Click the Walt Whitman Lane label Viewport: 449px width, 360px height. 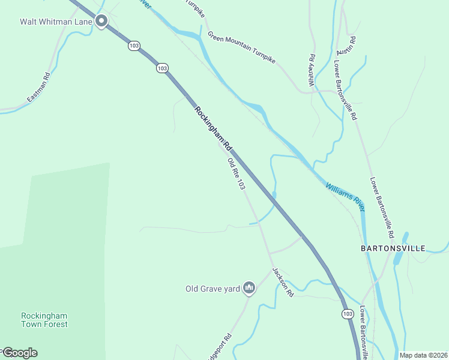click(x=56, y=22)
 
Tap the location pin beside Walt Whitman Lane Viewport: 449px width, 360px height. click(x=101, y=21)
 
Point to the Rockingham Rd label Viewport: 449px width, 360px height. click(x=213, y=128)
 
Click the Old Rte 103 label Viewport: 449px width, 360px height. click(x=236, y=174)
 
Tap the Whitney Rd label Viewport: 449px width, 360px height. click(x=312, y=71)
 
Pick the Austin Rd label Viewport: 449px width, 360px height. click(x=346, y=46)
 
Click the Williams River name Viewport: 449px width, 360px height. click(x=346, y=196)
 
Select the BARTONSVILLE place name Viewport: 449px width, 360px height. click(x=393, y=248)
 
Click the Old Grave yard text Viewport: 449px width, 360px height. click(x=212, y=289)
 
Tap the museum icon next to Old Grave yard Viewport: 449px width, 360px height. click(x=249, y=289)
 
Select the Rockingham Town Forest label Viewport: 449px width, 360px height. click(x=44, y=320)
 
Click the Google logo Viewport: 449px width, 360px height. click(x=19, y=353)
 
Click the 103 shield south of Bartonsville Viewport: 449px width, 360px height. click(x=347, y=314)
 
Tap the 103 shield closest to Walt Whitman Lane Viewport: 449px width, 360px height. click(x=134, y=46)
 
